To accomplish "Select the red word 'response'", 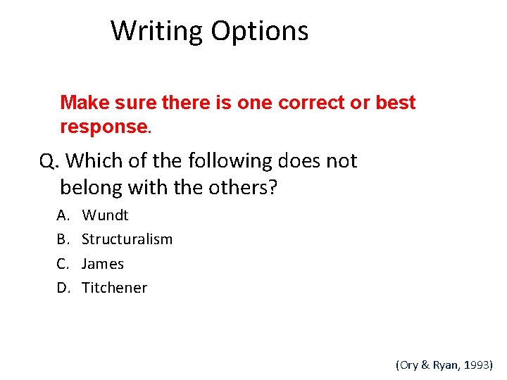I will (x=104, y=127).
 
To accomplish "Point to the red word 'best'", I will (x=396, y=103).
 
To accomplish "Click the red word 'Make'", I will (x=82, y=103).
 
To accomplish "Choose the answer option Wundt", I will (x=105, y=215).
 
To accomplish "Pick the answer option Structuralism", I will (x=127, y=239).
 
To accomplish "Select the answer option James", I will (x=103, y=264).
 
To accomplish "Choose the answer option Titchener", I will (x=114, y=288).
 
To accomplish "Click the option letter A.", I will (x=62, y=215).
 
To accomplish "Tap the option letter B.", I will (x=62, y=239).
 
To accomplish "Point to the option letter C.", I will (x=62, y=264).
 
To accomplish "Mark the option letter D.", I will (x=62, y=288).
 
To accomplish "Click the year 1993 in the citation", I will (x=477, y=365).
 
